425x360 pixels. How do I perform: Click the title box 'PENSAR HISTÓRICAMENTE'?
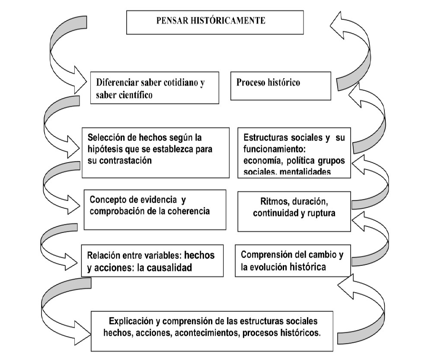(x=215, y=22)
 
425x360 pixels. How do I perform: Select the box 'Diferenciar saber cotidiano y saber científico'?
(x=154, y=88)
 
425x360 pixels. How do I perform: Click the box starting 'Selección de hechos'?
(x=155, y=152)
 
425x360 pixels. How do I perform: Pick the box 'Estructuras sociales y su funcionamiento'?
(x=294, y=152)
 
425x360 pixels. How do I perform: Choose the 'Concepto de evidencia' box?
(x=155, y=209)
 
